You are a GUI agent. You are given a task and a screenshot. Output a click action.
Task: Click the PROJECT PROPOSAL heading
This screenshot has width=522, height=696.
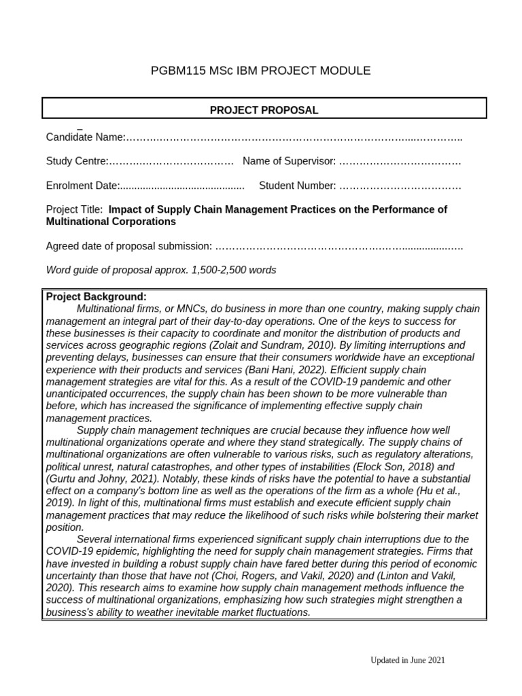pyautogui.click(x=264, y=110)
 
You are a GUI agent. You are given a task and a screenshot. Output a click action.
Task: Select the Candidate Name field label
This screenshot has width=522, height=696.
pyautogui.click(x=85, y=137)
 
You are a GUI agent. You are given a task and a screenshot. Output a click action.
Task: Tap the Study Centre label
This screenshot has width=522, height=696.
pyautogui.click(x=77, y=161)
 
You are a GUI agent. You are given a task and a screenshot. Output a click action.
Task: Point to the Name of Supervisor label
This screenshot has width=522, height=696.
pyautogui.click(x=289, y=161)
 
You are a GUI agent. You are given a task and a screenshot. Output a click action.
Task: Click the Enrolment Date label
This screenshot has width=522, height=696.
pyautogui.click(x=82, y=186)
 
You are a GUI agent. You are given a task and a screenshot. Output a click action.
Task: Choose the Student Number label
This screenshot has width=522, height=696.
pyautogui.click(x=297, y=186)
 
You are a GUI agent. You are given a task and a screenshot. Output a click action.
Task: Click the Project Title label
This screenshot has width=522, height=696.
pyautogui.click(x=74, y=209)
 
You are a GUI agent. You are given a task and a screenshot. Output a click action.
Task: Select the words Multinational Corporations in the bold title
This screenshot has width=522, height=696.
pyautogui.click(x=111, y=222)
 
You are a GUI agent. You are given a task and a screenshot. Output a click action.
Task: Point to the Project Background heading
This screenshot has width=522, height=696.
pyautogui.click(x=96, y=297)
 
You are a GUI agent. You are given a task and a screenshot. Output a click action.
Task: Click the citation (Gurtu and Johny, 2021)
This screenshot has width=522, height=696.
pyautogui.click(x=97, y=478)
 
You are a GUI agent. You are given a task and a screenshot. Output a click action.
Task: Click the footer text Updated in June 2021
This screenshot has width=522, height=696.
pyautogui.click(x=407, y=660)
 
